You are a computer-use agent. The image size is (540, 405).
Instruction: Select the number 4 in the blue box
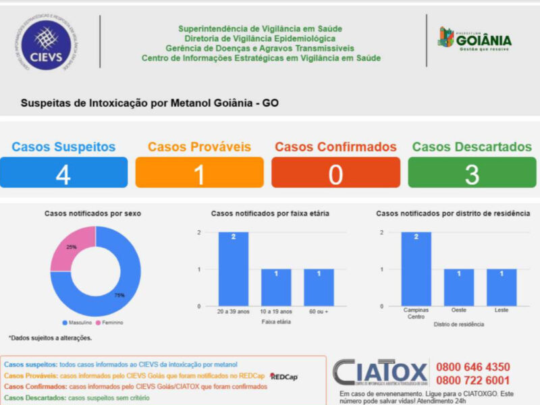[x=63, y=174]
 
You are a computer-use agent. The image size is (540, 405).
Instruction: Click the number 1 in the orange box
[x=199, y=174]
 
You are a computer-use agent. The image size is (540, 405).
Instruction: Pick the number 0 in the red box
[x=335, y=174]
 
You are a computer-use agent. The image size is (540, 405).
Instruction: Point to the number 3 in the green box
[x=472, y=174]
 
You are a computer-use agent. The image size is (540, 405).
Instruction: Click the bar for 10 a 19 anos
[x=276, y=288]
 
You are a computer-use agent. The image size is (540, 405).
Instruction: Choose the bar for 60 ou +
[x=319, y=288]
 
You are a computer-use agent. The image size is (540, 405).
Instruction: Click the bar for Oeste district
[x=459, y=288]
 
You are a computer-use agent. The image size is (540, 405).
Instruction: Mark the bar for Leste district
[x=502, y=288]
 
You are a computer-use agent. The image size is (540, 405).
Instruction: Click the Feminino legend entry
[x=110, y=323]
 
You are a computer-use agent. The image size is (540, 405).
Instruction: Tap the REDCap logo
[x=283, y=377]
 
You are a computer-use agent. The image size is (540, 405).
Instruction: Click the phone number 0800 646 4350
[x=473, y=367]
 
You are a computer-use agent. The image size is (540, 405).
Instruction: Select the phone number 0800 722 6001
[x=473, y=381]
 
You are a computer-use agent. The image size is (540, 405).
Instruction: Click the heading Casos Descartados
[x=472, y=146]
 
